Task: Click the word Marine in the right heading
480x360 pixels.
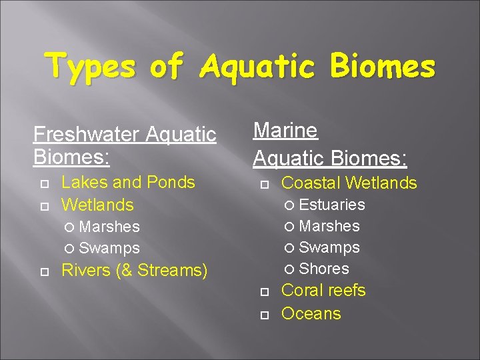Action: (285, 131)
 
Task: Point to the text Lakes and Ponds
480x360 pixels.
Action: (128, 182)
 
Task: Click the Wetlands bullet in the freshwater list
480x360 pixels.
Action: (97, 205)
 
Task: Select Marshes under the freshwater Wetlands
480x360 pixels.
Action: (109, 227)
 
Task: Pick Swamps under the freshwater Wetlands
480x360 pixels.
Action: (109, 248)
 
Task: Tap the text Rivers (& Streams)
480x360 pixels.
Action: (134, 270)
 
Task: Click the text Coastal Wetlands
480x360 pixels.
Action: (349, 183)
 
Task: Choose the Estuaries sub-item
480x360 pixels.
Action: (332, 205)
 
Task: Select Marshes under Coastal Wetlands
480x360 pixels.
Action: (329, 226)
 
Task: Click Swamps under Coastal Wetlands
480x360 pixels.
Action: (329, 247)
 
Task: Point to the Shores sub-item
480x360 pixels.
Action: (324, 269)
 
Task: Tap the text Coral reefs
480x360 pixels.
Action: (323, 291)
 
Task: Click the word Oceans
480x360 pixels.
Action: (311, 313)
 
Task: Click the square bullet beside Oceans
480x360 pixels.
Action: (264, 314)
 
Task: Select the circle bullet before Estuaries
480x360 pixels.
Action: (290, 205)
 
